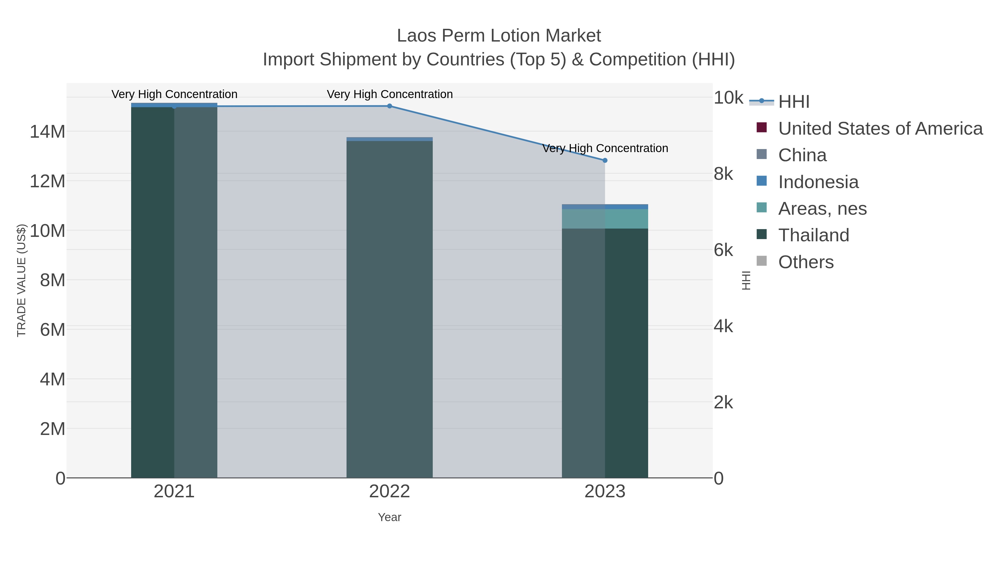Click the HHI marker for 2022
click(389, 106)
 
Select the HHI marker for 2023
click(605, 160)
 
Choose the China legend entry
click(802, 155)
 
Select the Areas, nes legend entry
click(822, 209)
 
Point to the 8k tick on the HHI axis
click(723, 174)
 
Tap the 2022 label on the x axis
click(389, 492)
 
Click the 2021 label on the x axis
click(174, 492)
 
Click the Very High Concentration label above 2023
click(605, 148)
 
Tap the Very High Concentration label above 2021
click(174, 94)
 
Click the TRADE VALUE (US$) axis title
click(21, 280)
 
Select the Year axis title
click(389, 517)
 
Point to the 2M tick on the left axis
click(52, 429)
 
